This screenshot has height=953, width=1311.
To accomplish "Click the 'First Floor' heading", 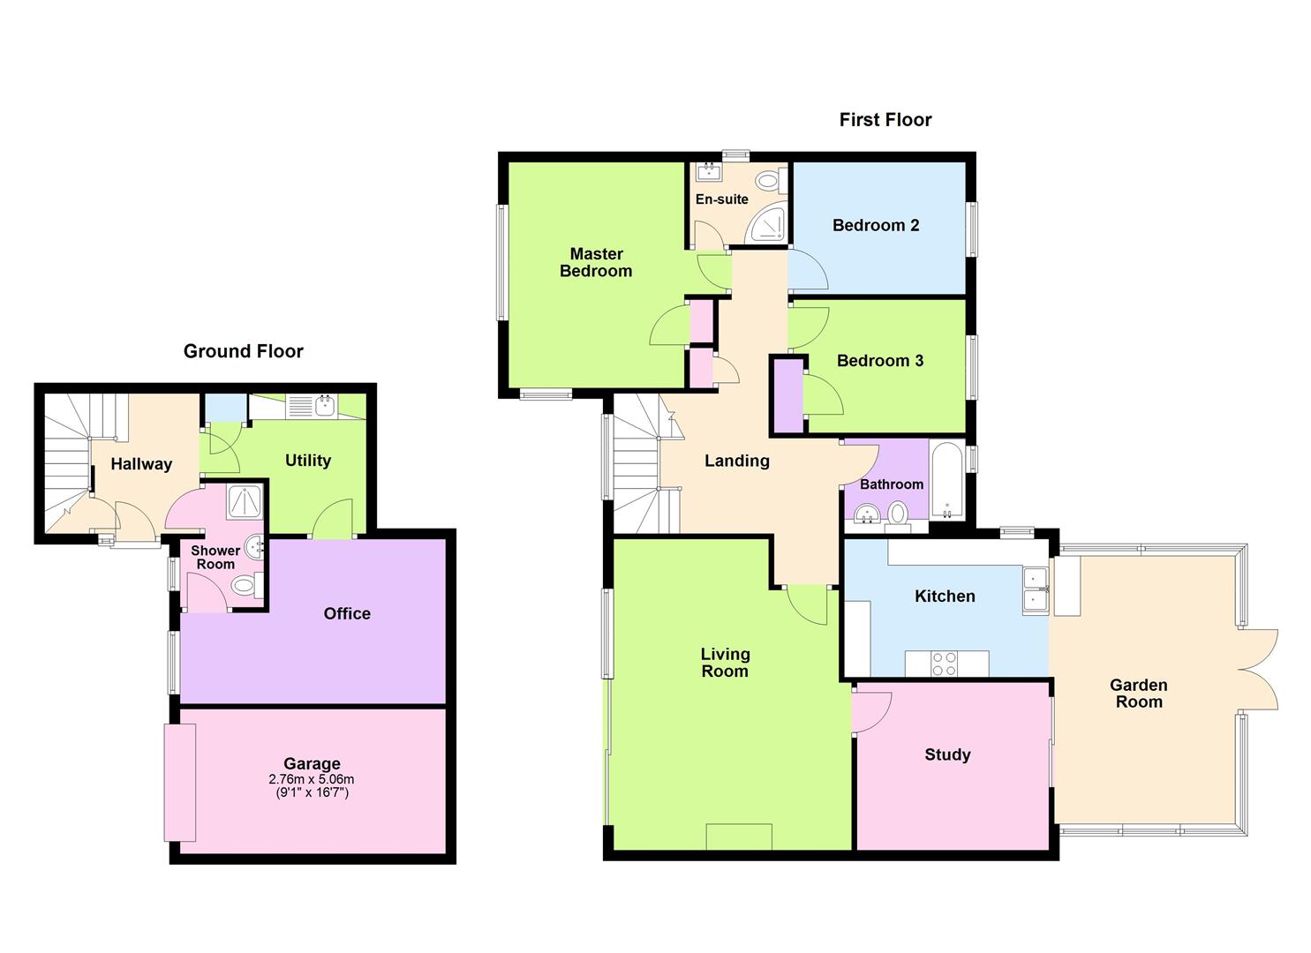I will tap(885, 120).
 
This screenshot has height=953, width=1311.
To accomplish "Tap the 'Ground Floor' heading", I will tap(243, 351).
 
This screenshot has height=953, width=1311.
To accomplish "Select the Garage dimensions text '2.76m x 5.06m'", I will tap(312, 779).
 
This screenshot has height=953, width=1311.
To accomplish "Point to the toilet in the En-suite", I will tap(768, 182).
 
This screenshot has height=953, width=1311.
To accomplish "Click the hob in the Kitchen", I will tap(945, 664).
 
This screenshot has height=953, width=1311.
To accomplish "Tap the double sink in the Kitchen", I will tap(1034, 590).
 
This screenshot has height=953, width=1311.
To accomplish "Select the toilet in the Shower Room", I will tap(243, 585).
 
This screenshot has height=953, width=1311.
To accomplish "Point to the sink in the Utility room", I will tap(323, 407).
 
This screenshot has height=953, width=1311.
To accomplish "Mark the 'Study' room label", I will tap(947, 754).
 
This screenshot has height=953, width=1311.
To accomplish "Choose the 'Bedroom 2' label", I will tap(876, 225).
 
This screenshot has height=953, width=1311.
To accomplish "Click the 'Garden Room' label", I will tap(1138, 694).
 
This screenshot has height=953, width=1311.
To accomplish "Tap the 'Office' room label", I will tap(347, 613).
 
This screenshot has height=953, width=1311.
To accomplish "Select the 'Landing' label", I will tap(736, 461).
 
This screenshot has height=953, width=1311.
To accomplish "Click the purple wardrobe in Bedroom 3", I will tap(788, 394).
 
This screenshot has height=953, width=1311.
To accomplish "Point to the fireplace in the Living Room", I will tap(739, 837).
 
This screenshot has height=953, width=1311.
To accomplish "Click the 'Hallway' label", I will tap(141, 464).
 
